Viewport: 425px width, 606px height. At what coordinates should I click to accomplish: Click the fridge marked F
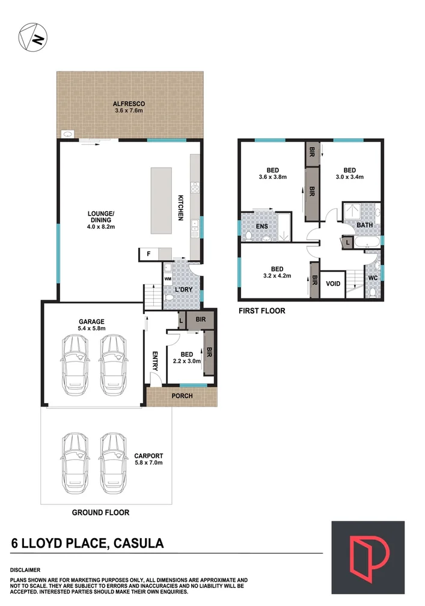pyautogui.click(x=148, y=255)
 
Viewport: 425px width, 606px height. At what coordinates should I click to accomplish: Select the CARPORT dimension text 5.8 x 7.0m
pyautogui.click(x=148, y=462)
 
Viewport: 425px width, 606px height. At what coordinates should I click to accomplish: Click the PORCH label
pyautogui.click(x=182, y=396)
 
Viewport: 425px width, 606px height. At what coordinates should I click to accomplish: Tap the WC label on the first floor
pyautogui.click(x=372, y=278)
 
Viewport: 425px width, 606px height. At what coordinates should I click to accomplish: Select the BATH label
pyautogui.click(x=364, y=225)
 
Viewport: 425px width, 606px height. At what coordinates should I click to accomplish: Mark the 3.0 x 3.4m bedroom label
pyautogui.click(x=350, y=173)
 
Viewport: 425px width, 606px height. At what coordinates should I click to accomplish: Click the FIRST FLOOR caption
pyautogui.click(x=261, y=311)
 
